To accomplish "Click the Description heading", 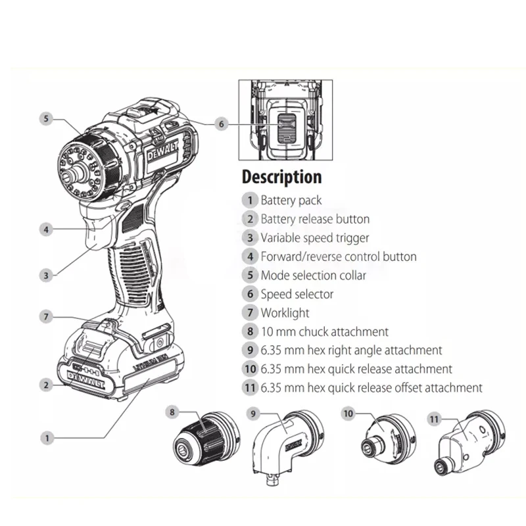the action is point(282,177).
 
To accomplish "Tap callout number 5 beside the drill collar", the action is point(46,118).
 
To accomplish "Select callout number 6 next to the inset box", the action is point(221,124).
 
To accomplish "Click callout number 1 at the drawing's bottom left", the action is point(47,438).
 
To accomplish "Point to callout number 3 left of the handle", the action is point(46,275).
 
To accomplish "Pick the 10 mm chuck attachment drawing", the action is point(206,439).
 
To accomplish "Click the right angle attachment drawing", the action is point(288,447).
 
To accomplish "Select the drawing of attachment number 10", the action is point(389,439).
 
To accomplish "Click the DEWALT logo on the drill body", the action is point(162,151).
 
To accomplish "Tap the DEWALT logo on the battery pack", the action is point(86,380).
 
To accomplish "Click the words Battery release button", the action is point(315,219).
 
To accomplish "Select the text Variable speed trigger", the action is point(315,238).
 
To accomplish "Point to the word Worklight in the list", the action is point(285,313).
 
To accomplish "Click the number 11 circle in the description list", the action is point(250,388).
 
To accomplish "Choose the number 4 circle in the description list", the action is point(250,256).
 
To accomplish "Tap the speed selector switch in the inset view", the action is point(287,128).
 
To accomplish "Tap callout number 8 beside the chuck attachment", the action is point(172,412).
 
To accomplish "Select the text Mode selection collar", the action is point(314,275).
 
